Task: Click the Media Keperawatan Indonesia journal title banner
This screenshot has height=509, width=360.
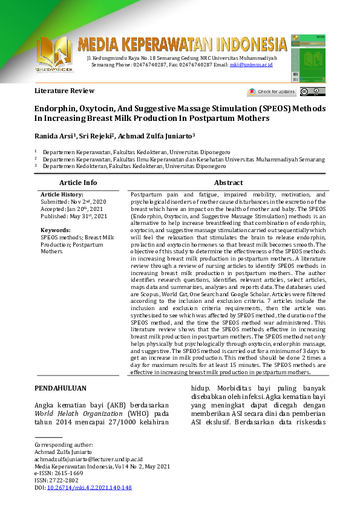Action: tap(182, 44)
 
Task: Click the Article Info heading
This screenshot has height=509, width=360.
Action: tap(77, 183)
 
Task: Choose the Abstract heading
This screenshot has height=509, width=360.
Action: tap(229, 183)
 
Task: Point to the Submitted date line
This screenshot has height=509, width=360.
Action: tap(73, 201)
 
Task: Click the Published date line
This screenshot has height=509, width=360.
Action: tap(74, 216)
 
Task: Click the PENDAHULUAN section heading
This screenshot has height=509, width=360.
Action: tap(60, 388)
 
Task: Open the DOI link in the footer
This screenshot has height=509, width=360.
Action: tap(89, 487)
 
